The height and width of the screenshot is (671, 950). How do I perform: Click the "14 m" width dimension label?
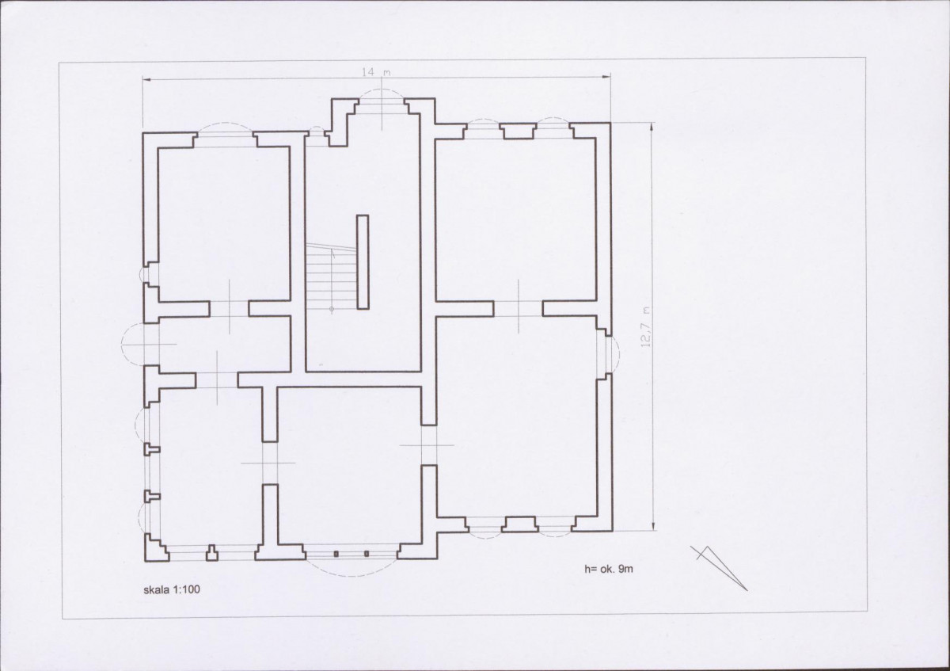click(376, 72)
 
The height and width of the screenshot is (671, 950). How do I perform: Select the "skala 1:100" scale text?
click(172, 589)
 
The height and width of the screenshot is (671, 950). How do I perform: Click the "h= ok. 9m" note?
click(609, 569)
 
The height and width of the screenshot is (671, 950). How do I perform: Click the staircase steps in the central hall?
click(331, 276)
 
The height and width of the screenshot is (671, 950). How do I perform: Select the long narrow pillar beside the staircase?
click(363, 262)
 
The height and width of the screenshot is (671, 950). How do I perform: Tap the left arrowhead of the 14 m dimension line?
click(146, 79)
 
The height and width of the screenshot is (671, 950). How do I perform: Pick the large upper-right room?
click(516, 220)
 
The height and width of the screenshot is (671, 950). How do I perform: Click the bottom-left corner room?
click(211, 467)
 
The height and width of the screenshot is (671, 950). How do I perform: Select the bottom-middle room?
click(349, 466)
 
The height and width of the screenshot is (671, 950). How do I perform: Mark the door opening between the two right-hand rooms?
click(519, 308)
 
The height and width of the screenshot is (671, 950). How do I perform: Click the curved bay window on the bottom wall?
click(351, 561)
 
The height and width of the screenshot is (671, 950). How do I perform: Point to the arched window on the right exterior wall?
click(611, 353)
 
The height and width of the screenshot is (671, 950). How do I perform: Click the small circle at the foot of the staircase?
click(332, 310)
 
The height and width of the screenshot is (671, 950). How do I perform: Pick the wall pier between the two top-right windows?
click(518, 132)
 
